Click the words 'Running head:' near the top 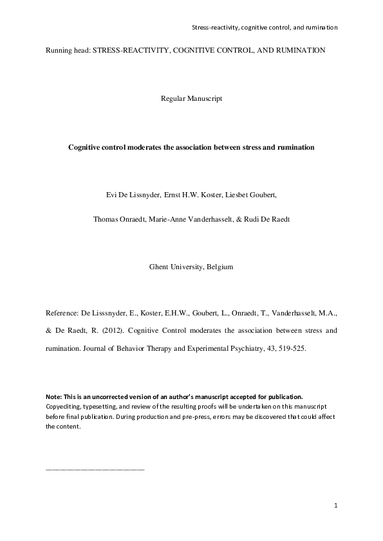(x=68, y=50)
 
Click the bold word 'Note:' (x=54, y=396)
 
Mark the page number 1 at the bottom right (x=336, y=506)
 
